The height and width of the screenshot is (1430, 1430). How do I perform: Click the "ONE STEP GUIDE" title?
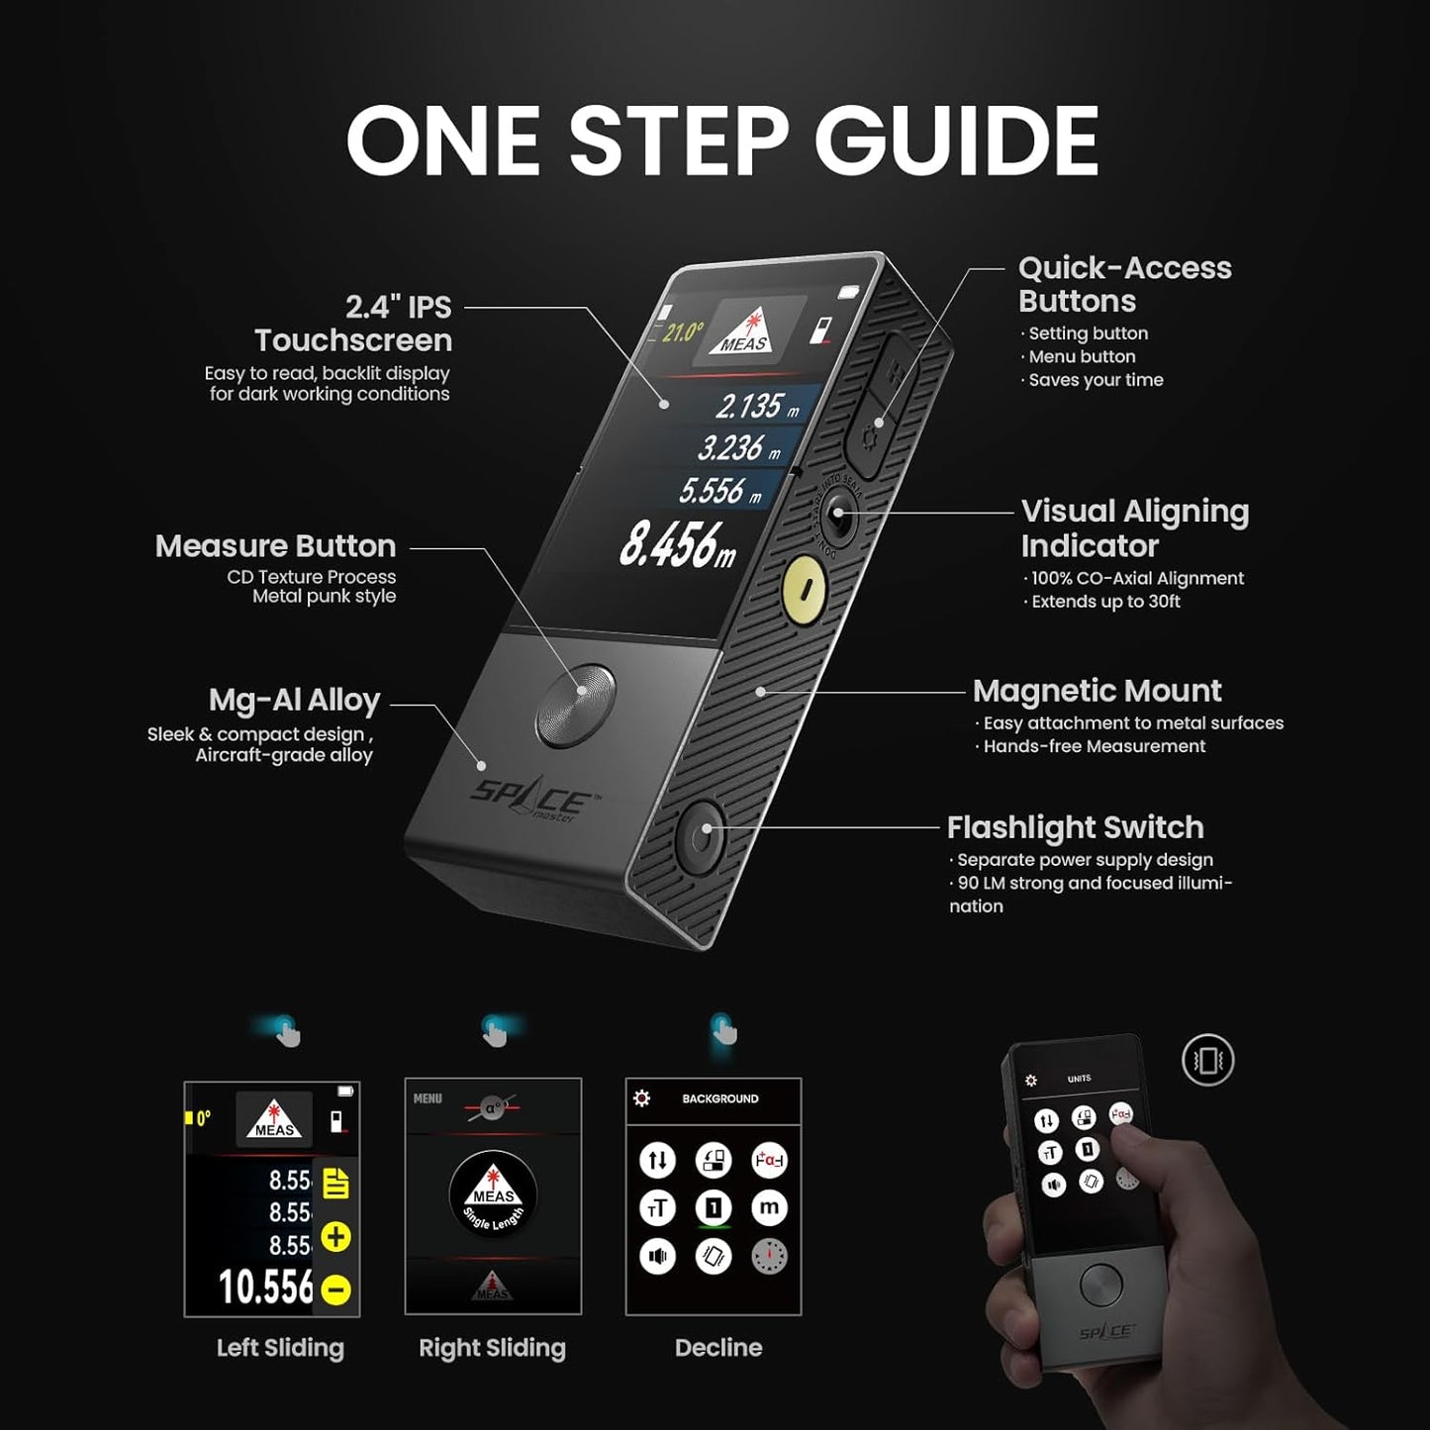721,141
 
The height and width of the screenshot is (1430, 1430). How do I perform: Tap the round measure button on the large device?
575,705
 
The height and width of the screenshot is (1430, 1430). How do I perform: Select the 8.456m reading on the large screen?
678,545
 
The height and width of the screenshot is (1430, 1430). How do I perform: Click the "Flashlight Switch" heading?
1075,827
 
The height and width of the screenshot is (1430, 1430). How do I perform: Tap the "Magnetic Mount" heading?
1096,691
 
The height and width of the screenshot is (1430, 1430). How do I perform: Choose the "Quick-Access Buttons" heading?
1124,284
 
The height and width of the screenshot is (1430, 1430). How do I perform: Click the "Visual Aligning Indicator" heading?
1134,528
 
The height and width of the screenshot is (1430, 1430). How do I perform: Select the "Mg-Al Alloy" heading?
294,701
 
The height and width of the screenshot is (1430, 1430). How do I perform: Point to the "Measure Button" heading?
275,546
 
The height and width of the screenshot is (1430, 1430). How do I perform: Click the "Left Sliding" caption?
280,1348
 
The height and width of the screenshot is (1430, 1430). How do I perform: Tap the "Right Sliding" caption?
492,1348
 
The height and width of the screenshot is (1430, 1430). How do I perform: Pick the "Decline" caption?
718,1348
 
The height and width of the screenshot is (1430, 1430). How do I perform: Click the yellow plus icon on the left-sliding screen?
336,1237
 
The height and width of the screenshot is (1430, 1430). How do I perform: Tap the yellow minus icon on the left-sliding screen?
336,1289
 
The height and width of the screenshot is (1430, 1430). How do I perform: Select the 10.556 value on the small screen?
265,1287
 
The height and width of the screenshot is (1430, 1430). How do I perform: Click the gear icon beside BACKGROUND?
642,1098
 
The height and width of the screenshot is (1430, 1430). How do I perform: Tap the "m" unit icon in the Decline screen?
769,1207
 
